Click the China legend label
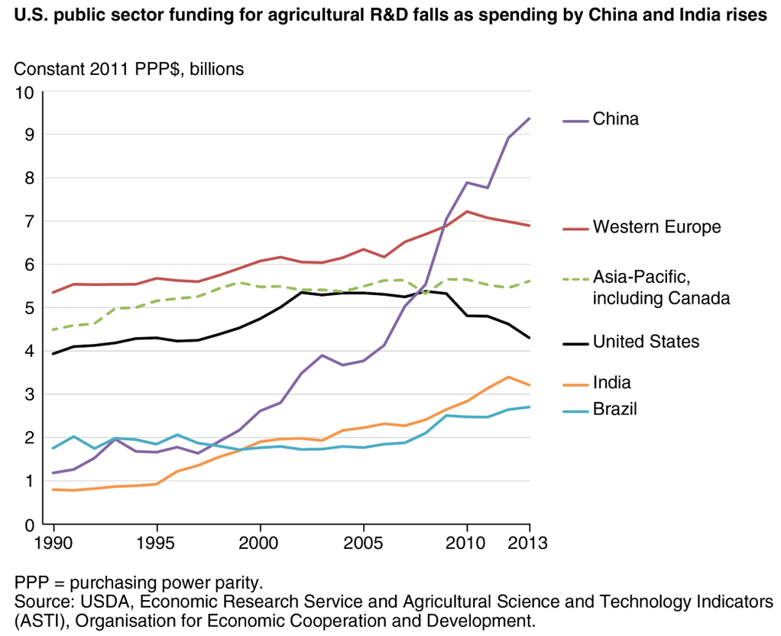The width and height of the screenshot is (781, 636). click(x=615, y=119)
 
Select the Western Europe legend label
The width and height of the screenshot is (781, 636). click(x=656, y=227)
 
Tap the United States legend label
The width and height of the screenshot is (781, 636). click(x=646, y=342)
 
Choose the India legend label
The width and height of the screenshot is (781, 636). click(x=612, y=382)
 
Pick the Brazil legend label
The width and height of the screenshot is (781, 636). click(x=615, y=410)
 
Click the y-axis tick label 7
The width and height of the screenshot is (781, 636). click(x=30, y=222)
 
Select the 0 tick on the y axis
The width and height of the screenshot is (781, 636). click(x=30, y=525)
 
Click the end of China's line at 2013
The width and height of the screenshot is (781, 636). click(x=530, y=118)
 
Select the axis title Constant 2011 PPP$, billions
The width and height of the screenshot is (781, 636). click(x=129, y=69)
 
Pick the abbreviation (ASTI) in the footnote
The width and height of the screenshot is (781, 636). click(x=29, y=619)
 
